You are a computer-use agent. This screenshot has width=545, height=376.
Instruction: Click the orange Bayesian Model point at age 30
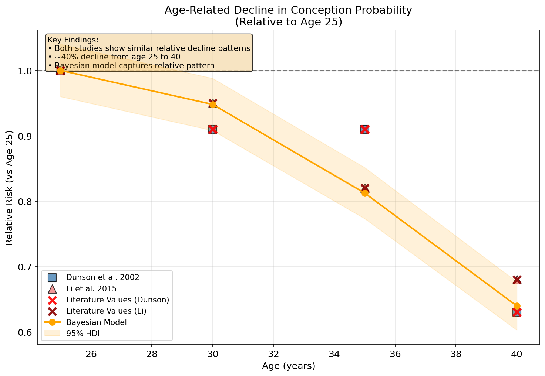pyautogui.click(x=213, y=105)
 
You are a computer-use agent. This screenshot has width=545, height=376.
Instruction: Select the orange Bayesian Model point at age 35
pyautogui.click(x=365, y=193)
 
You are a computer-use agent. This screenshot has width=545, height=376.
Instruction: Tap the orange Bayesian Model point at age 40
pyautogui.click(x=517, y=306)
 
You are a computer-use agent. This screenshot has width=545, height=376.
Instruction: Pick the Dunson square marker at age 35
pyautogui.click(x=365, y=129)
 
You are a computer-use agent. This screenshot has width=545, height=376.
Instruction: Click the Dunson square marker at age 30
pyautogui.click(x=213, y=129)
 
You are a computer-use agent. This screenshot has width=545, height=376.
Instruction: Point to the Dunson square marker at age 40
pyautogui.click(x=517, y=312)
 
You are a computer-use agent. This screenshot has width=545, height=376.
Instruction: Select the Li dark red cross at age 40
pyautogui.click(x=517, y=280)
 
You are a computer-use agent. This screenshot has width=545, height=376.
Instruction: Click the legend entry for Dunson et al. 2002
pyautogui.click(x=102, y=277)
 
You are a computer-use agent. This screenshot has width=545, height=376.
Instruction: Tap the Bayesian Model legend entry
pyautogui.click(x=96, y=322)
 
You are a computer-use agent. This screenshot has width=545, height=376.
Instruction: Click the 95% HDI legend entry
pyautogui.click(x=83, y=334)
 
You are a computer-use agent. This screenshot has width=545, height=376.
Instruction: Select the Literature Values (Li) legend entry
pyautogui.click(x=106, y=311)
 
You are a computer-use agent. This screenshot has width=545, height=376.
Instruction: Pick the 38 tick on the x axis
pyautogui.click(x=456, y=345)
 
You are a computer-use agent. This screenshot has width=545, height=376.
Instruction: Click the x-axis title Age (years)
pyautogui.click(x=289, y=366)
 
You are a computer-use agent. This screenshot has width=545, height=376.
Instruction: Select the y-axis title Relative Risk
pyautogui.click(x=10, y=188)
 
